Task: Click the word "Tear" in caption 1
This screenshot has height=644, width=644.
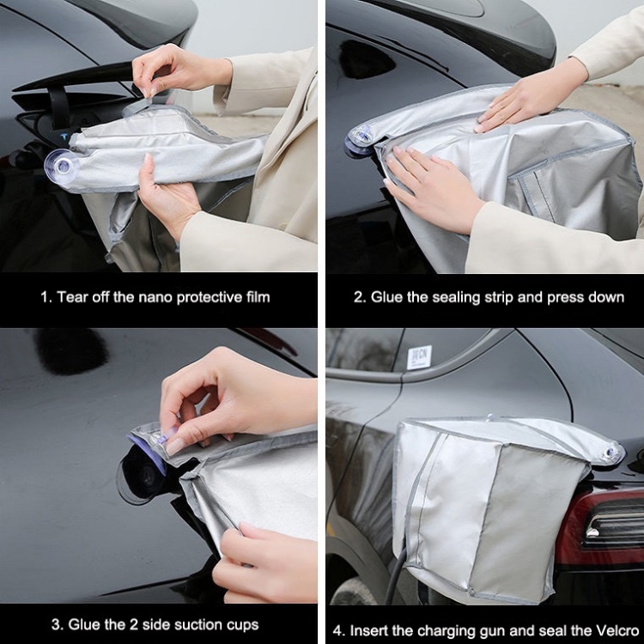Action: tap(73, 296)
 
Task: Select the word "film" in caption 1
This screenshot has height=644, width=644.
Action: tap(258, 296)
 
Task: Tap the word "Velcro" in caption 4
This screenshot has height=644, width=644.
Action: tap(616, 630)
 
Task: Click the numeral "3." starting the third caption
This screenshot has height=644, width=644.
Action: tap(58, 625)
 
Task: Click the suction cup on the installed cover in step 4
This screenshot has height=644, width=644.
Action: tap(611, 452)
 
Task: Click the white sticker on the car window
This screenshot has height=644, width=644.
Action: tap(419, 357)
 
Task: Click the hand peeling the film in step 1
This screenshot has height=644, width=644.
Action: tap(179, 72)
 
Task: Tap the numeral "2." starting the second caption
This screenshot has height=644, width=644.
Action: tap(360, 297)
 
